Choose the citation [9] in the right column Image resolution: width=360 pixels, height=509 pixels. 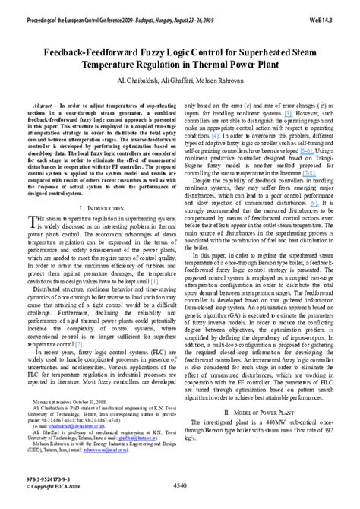point(313,203)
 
